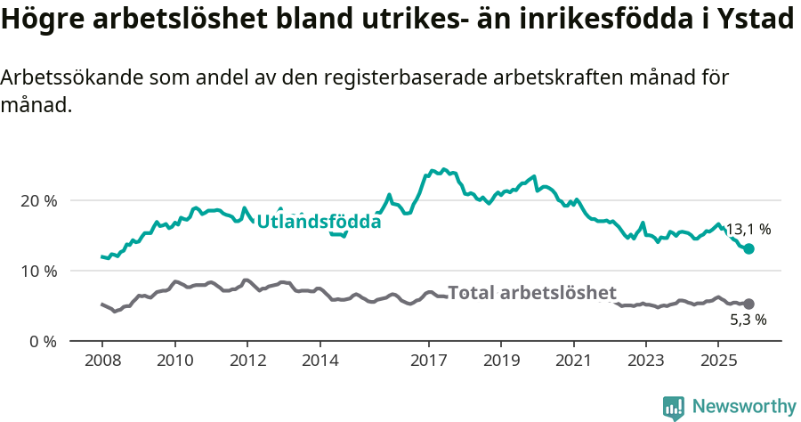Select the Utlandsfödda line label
point(319,222)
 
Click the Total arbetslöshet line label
point(532,292)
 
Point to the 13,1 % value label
point(748,230)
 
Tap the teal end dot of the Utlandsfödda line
point(749,249)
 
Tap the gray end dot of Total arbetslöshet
point(749,304)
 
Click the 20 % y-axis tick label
point(38,200)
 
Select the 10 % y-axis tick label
point(38,271)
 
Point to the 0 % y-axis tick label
point(42,341)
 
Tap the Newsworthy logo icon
point(674,407)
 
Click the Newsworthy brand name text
point(744,407)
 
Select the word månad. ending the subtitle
point(36,105)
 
